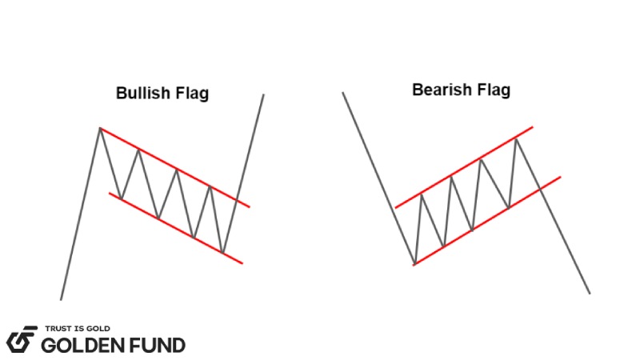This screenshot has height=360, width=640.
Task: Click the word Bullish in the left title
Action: pyautogui.click(x=141, y=94)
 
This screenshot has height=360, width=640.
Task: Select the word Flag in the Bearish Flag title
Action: pyautogui.click(x=493, y=90)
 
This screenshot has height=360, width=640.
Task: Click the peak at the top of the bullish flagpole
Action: pyautogui.click(x=100, y=128)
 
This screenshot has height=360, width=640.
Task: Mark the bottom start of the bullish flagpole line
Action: pyautogui.click(x=61, y=299)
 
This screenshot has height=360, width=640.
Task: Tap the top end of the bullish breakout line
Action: pyautogui.click(x=263, y=94)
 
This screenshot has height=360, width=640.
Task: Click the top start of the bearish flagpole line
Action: pyautogui.click(x=343, y=93)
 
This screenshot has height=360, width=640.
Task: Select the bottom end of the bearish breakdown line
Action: pyautogui.click(x=590, y=293)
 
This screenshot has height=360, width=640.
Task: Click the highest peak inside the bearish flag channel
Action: pyautogui.click(x=517, y=139)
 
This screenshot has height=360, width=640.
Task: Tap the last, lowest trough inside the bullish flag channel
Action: pyautogui.click(x=222, y=253)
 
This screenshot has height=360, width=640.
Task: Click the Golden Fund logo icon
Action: pyautogui.click(x=22, y=339)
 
